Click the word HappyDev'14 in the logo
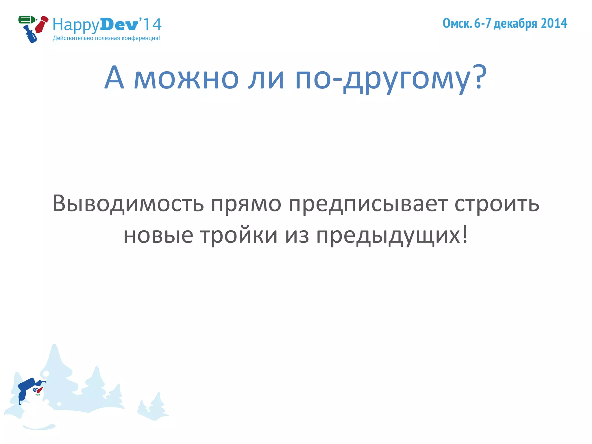click(107, 25)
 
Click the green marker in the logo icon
click(27, 20)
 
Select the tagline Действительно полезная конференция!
click(106, 38)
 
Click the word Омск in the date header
click(457, 23)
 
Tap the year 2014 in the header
click(554, 23)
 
